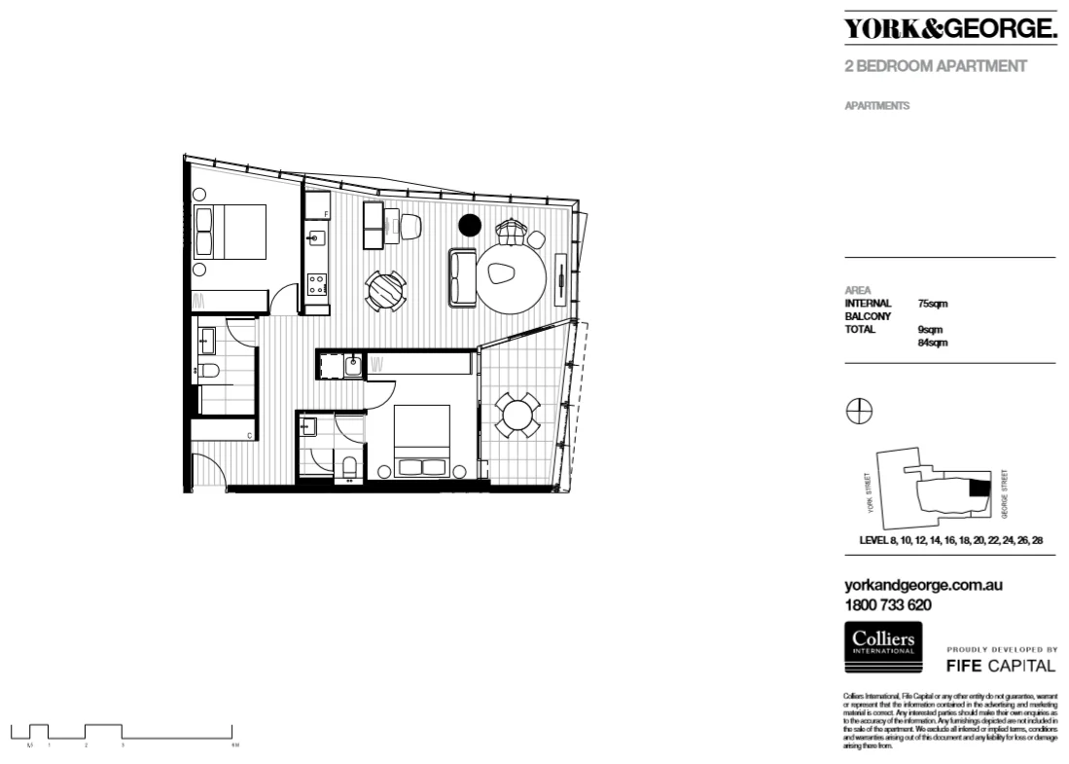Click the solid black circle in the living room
(x=470, y=226)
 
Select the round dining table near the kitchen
(x=386, y=290)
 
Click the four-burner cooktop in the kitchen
(x=317, y=284)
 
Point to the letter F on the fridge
(x=326, y=213)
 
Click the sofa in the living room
(x=462, y=276)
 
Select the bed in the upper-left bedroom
(x=232, y=232)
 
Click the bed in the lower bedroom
(x=421, y=443)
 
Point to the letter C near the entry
(x=251, y=435)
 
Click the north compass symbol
(x=859, y=412)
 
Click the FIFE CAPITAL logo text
(x=1001, y=666)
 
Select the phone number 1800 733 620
(x=888, y=604)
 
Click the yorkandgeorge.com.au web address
(x=923, y=586)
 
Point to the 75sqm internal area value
(x=933, y=304)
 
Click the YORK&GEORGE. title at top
(x=949, y=30)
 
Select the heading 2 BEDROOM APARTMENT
(x=936, y=67)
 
